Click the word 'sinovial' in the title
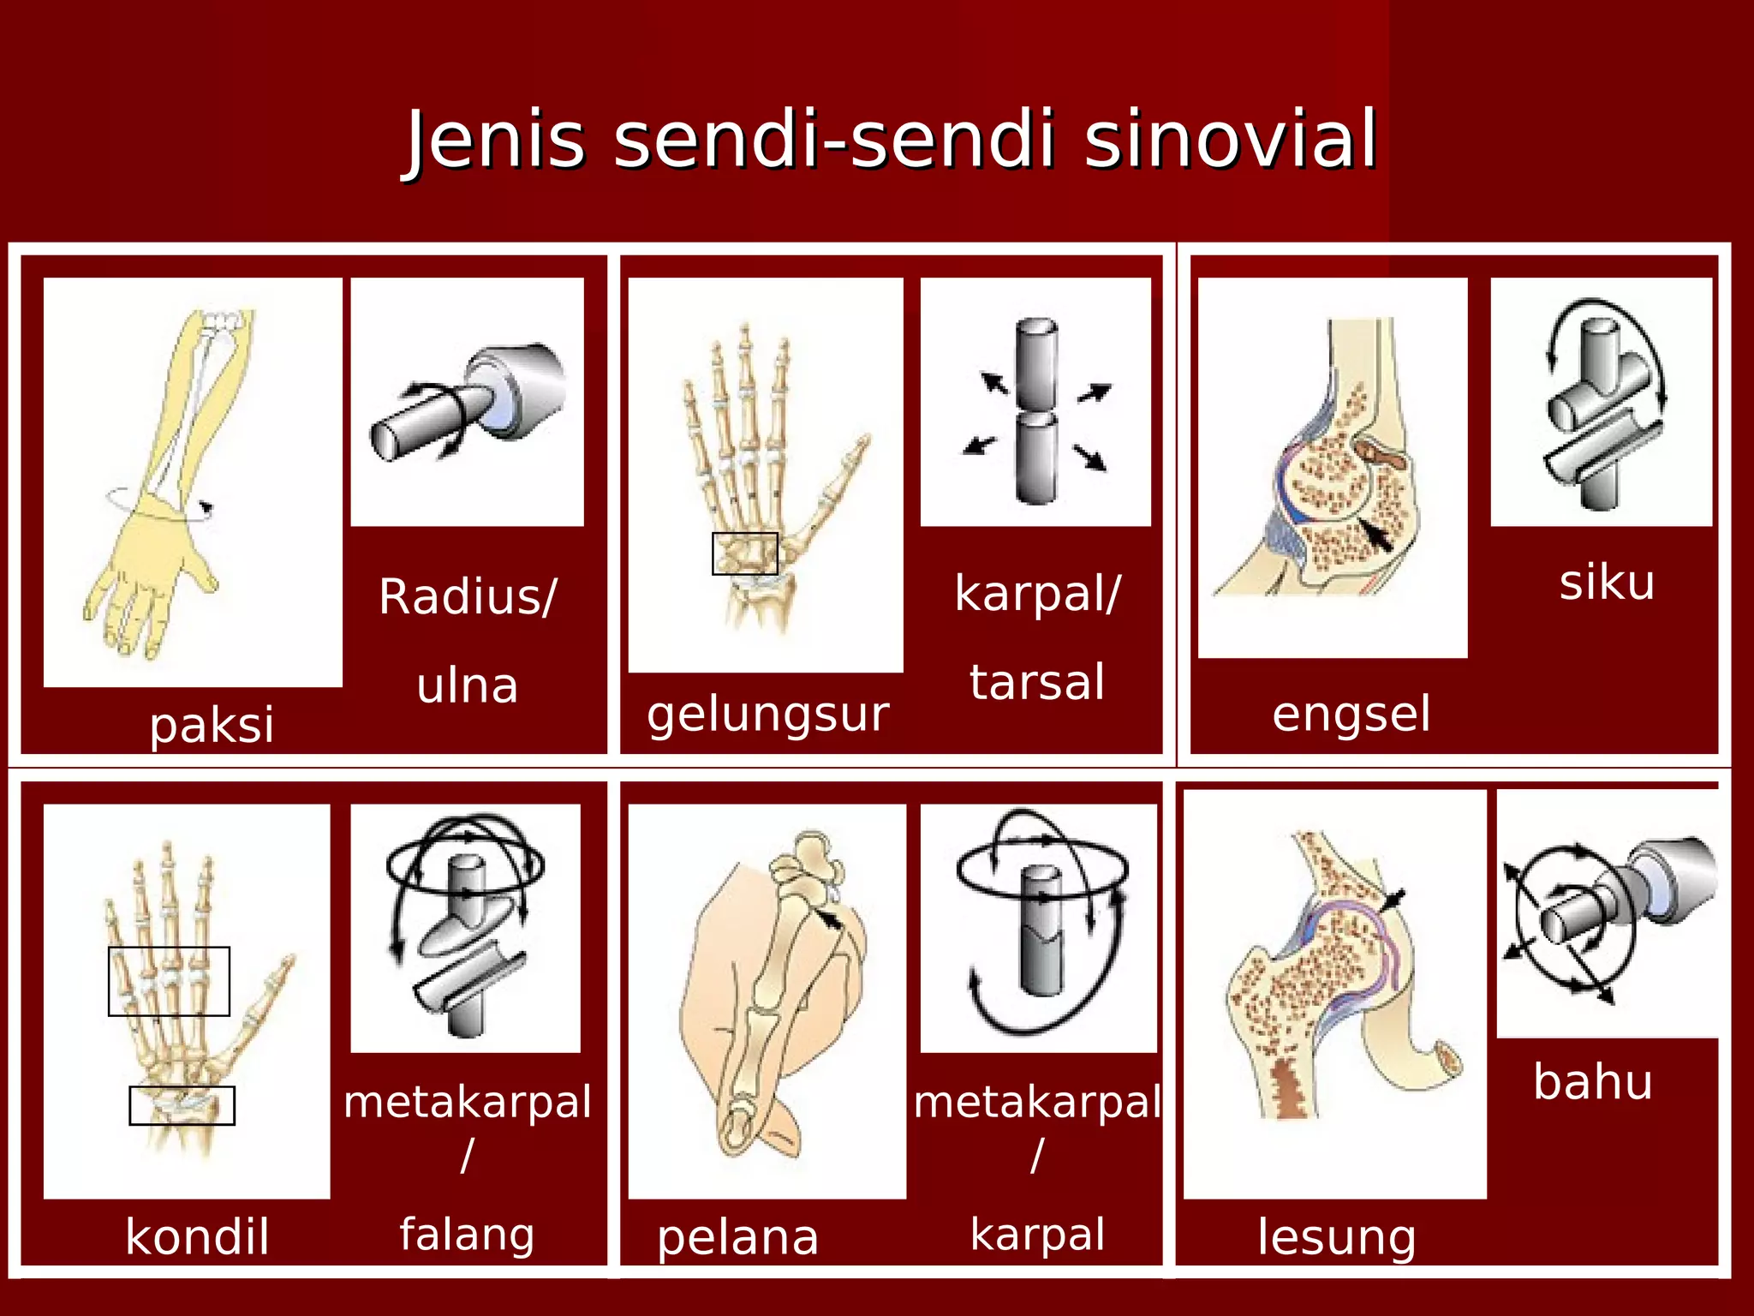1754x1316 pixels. [1230, 140]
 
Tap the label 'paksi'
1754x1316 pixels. [212, 725]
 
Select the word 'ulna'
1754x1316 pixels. [468, 685]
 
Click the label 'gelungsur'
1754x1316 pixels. [767, 715]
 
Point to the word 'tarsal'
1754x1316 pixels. [1037, 682]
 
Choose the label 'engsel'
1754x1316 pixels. [1351, 714]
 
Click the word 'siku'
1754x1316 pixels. [1607, 583]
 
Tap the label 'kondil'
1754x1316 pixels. [197, 1236]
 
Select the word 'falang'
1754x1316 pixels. [467, 1235]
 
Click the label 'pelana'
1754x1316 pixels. [737, 1237]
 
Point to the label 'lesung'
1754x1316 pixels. [1336, 1237]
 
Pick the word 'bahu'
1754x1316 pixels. [1592, 1081]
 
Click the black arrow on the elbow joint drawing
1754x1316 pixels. [1375, 535]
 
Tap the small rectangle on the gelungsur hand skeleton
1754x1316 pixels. [744, 553]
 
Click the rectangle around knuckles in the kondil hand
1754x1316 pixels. [169, 981]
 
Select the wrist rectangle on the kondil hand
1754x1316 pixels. [182, 1105]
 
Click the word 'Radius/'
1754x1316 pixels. [468, 596]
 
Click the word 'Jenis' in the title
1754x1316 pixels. [495, 140]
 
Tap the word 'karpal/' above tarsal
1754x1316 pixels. [1037, 594]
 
